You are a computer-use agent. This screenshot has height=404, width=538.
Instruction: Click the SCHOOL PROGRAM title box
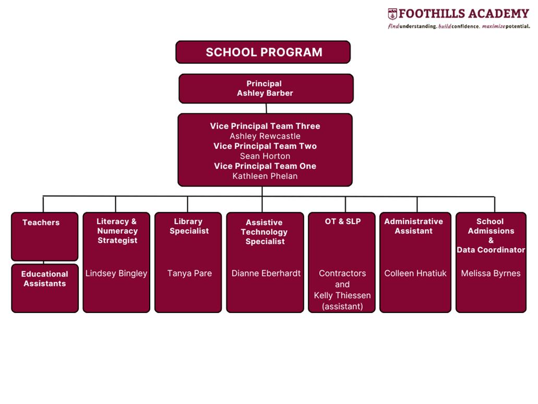(263, 52)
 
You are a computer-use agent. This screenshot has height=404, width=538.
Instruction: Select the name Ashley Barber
(265, 94)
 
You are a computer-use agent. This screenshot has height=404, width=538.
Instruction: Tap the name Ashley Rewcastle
(265, 136)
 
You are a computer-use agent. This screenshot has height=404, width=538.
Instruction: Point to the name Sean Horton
(265, 156)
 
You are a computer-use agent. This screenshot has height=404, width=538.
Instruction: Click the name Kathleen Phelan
(265, 176)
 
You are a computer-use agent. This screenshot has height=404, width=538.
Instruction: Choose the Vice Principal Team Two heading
(265, 146)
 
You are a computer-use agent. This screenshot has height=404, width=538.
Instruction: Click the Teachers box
(44, 236)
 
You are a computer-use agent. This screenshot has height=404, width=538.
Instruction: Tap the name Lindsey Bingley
(116, 273)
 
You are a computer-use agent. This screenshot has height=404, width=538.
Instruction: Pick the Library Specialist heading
(189, 226)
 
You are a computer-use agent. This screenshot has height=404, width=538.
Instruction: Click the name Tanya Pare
(189, 273)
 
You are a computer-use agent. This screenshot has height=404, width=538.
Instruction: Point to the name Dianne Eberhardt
(266, 273)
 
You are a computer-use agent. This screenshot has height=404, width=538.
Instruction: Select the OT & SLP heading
(342, 222)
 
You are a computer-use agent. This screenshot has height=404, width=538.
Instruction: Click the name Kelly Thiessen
(342, 295)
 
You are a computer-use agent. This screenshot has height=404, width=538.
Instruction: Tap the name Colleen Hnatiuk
(415, 273)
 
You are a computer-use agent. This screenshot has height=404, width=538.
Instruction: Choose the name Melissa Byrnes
(491, 273)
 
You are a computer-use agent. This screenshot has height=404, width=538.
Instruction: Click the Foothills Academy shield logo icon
(392, 14)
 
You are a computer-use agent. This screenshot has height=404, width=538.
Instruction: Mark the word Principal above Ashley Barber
(264, 84)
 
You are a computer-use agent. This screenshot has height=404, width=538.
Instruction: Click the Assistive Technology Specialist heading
(265, 232)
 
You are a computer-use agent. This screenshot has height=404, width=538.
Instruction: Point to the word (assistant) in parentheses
(342, 306)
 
